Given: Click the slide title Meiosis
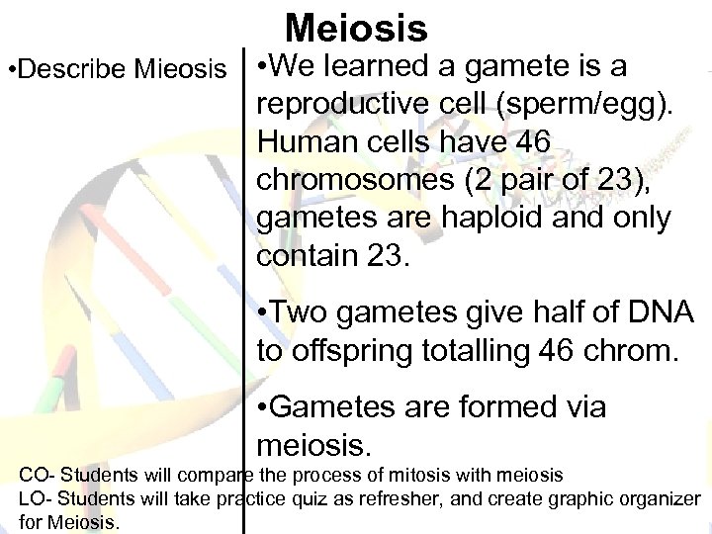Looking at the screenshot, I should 356,28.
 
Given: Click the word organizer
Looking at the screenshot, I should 664,499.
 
